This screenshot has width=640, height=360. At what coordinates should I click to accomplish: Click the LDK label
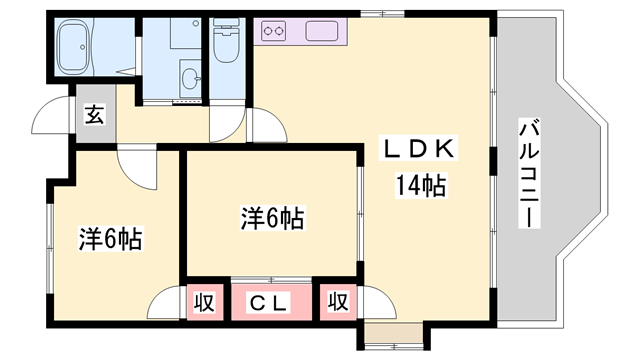coord(421,148)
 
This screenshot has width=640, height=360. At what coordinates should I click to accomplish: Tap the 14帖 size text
coord(420,185)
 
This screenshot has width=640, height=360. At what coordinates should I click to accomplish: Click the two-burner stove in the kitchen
coord(274,32)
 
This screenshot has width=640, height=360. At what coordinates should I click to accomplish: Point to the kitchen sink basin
coord(324,31)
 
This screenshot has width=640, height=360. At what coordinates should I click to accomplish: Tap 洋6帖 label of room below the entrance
coord(109,239)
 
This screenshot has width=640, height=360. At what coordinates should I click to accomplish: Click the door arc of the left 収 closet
coord(166,301)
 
